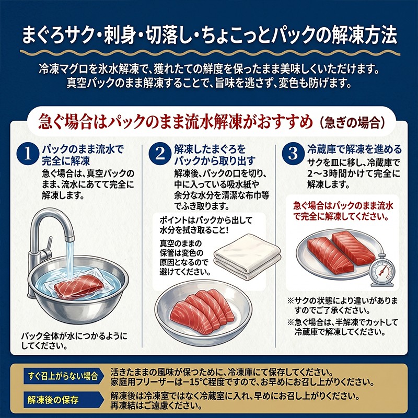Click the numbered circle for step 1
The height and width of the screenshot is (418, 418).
[x=28, y=154]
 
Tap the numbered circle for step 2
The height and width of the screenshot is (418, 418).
[x=160, y=154]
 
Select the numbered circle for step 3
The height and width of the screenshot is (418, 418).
[x=293, y=154]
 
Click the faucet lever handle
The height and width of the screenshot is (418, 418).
[x=48, y=244]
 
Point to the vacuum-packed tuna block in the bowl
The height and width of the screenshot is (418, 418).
[x=79, y=287]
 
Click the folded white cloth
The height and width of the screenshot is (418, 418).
[x=247, y=257]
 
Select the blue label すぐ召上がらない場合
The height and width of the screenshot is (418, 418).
[x=63, y=376]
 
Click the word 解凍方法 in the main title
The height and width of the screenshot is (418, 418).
[x=364, y=36]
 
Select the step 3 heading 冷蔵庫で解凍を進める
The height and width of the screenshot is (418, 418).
[x=354, y=149]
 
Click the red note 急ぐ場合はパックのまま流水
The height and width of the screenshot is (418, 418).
[x=343, y=206]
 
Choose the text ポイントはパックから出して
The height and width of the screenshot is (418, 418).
[x=206, y=220]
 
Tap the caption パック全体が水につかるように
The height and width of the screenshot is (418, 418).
[x=74, y=336]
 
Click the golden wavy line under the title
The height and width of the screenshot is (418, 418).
[x=210, y=53]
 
